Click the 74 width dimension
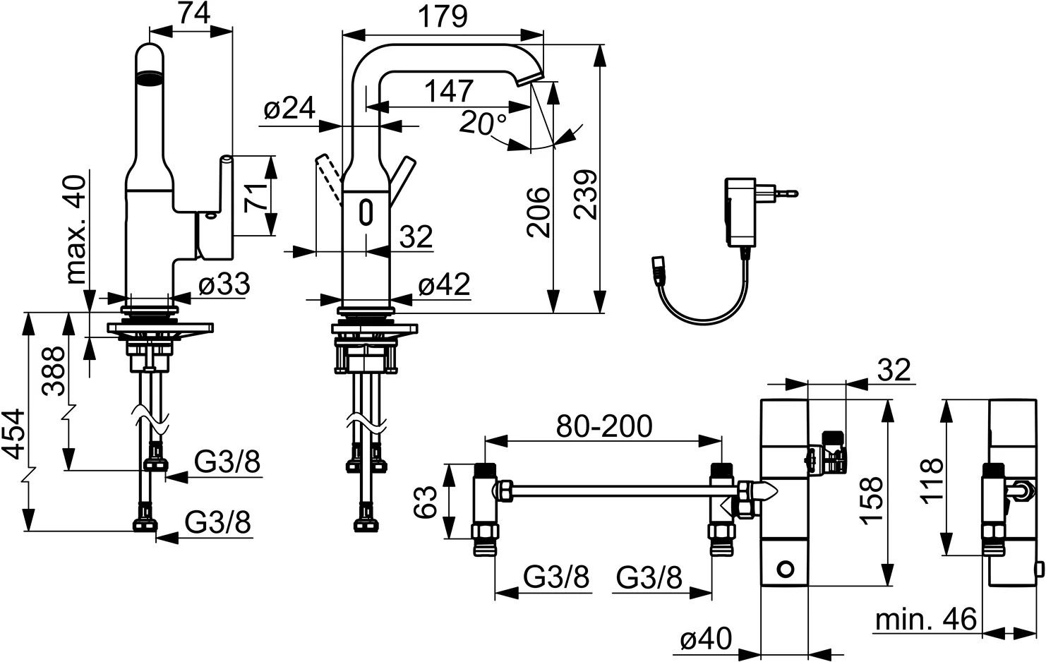click(x=191, y=13)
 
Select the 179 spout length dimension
click(x=443, y=16)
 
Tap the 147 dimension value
click(x=449, y=91)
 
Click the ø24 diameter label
click(x=289, y=109)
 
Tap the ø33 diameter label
click(x=224, y=284)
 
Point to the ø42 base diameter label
click(x=443, y=284)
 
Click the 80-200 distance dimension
click(x=604, y=426)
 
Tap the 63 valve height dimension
click(x=425, y=502)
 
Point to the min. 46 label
click(x=925, y=620)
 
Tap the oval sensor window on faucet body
click(x=366, y=212)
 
